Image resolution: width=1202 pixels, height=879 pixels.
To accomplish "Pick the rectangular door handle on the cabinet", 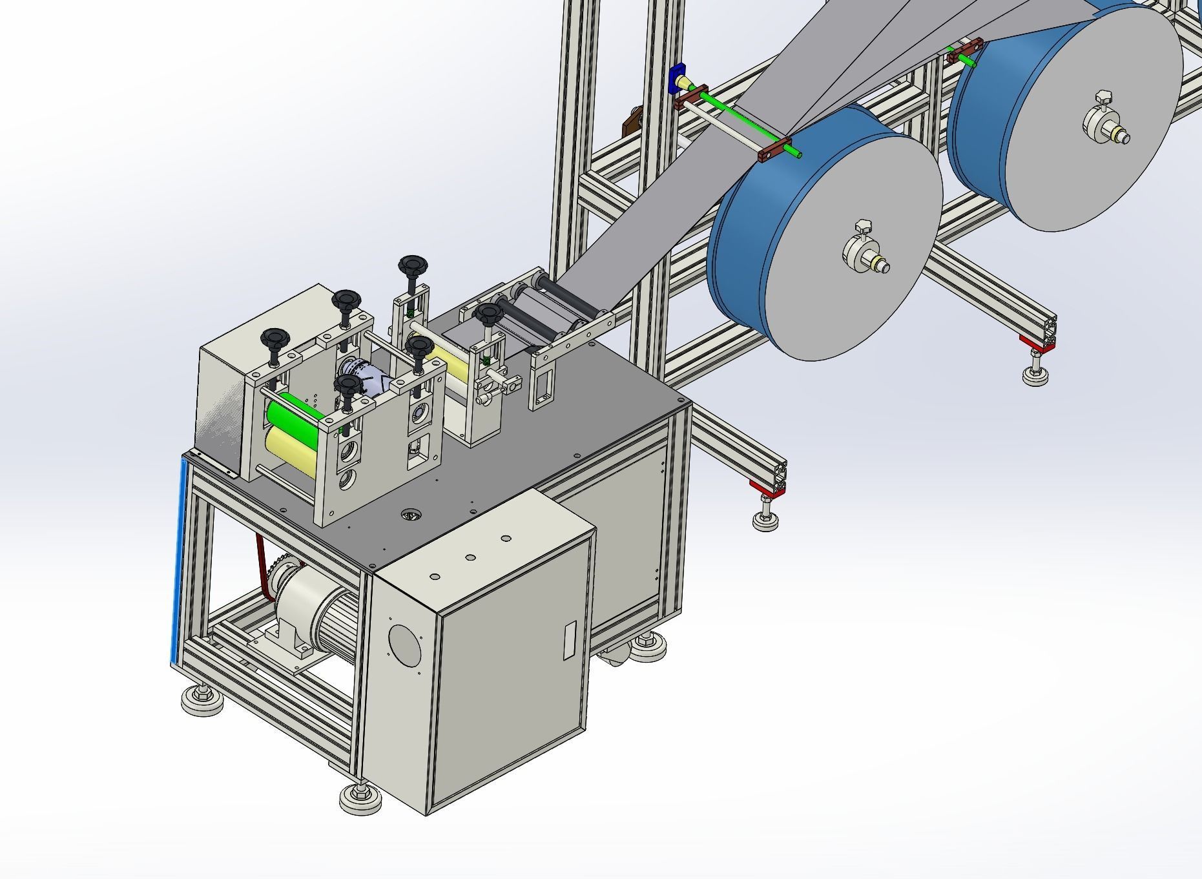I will (x=569, y=639).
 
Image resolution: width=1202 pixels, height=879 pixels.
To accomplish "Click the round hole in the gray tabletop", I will (x=410, y=515).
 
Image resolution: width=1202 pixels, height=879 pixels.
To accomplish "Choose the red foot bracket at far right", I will (x=1037, y=344).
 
